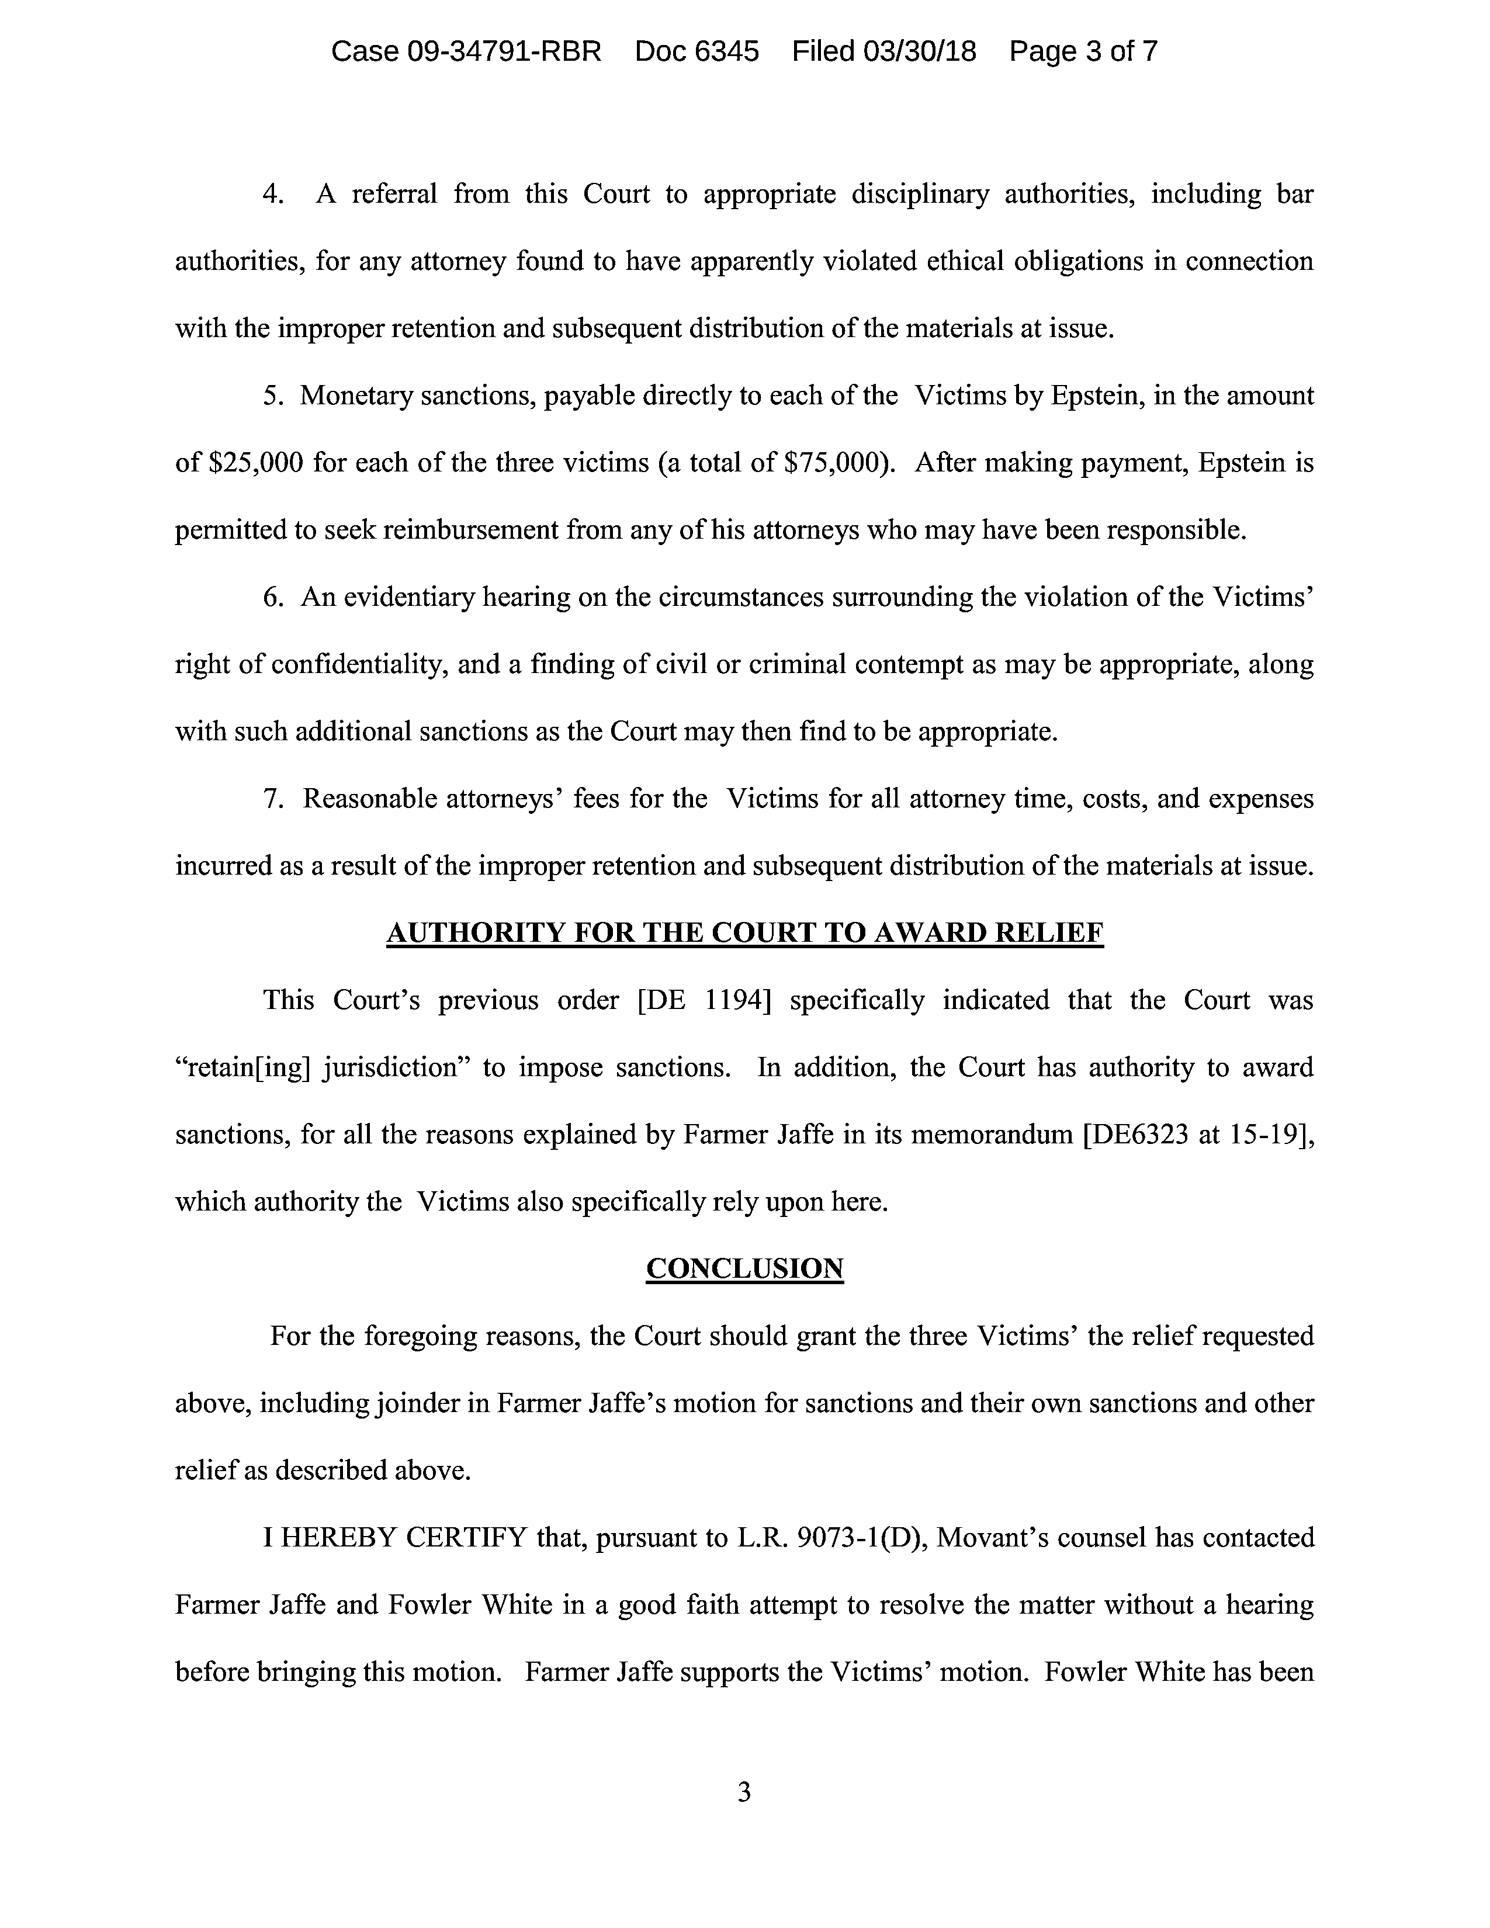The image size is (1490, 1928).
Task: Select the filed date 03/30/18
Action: click(x=920, y=52)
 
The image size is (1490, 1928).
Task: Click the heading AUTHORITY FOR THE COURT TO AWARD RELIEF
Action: click(x=745, y=933)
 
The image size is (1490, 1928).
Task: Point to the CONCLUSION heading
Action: click(x=745, y=1268)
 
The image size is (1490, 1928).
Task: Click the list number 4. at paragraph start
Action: click(x=273, y=194)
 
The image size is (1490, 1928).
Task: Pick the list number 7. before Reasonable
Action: click(x=273, y=799)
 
